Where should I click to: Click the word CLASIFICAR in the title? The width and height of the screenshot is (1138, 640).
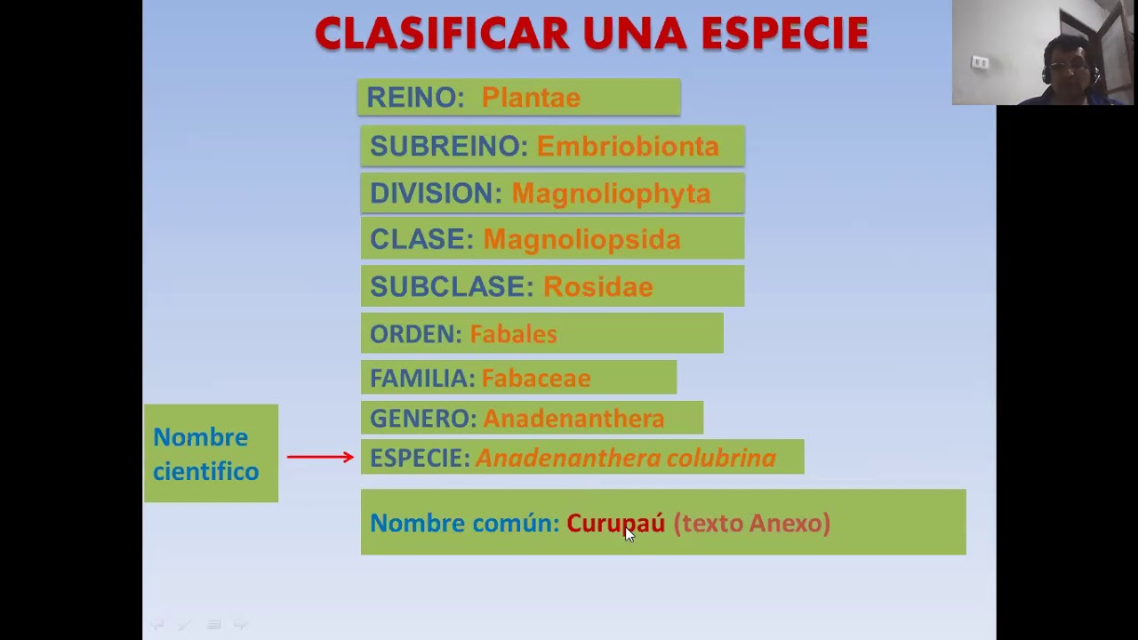tap(442, 35)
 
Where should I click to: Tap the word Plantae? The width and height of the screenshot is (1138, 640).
tap(531, 98)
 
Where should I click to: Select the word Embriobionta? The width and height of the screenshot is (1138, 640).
tap(628, 147)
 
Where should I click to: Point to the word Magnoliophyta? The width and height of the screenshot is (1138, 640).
tap(611, 194)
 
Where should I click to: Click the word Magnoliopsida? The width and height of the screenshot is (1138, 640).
tap(581, 240)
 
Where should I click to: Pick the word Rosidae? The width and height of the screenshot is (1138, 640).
tap(597, 287)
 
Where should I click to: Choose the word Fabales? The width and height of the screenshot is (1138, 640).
tap(513, 334)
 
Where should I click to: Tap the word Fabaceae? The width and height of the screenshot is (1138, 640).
tap(535, 379)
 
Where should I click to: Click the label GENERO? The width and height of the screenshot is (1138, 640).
tap(423, 419)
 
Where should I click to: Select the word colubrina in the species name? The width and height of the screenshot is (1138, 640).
tap(721, 459)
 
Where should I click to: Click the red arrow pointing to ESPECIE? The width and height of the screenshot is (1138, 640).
tap(320, 457)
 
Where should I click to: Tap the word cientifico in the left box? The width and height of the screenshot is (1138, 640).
tap(205, 472)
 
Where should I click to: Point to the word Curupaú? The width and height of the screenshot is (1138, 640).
tap(615, 524)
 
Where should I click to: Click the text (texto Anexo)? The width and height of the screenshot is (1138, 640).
tap(751, 524)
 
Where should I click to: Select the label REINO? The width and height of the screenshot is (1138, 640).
tap(415, 98)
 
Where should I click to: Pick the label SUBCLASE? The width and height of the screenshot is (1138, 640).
tap(452, 287)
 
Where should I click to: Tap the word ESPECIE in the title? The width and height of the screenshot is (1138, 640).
tap(784, 35)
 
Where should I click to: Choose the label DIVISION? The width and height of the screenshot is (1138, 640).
tap(436, 194)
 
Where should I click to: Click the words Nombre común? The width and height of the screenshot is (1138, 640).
tap(464, 524)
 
